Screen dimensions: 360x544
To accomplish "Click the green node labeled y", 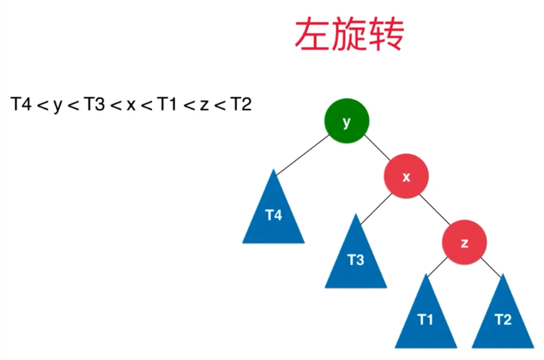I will click(x=347, y=121).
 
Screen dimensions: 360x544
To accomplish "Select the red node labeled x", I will click(x=406, y=176).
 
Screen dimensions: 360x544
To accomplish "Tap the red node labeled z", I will click(x=465, y=242).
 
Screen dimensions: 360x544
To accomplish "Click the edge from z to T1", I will click(x=437, y=267).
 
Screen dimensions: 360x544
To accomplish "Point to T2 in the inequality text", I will click(x=241, y=104).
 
